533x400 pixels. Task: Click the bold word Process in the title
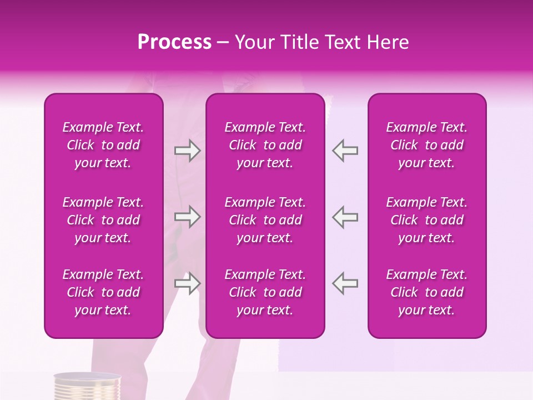click(x=174, y=42)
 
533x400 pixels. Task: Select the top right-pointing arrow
click(x=188, y=151)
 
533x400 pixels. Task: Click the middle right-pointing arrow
click(x=188, y=217)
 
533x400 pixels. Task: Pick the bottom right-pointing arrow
click(x=188, y=283)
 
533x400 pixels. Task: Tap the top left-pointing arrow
click(x=345, y=151)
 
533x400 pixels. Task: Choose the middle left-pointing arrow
click(x=345, y=217)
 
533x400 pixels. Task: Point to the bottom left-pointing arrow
click(x=345, y=283)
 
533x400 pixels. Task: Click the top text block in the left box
click(x=103, y=145)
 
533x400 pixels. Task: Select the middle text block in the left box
click(x=103, y=220)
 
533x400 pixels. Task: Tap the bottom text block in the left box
click(x=103, y=292)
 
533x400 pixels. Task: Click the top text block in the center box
click(x=265, y=145)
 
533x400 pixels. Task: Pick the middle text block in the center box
click(x=265, y=220)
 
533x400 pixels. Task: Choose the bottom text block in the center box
click(x=265, y=292)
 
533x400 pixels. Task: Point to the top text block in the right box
click(x=427, y=145)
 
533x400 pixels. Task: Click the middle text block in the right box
click(x=427, y=220)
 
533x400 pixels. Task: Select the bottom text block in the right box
click(x=427, y=292)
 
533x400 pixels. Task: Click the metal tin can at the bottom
click(x=87, y=387)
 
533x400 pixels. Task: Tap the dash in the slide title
click(x=223, y=43)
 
